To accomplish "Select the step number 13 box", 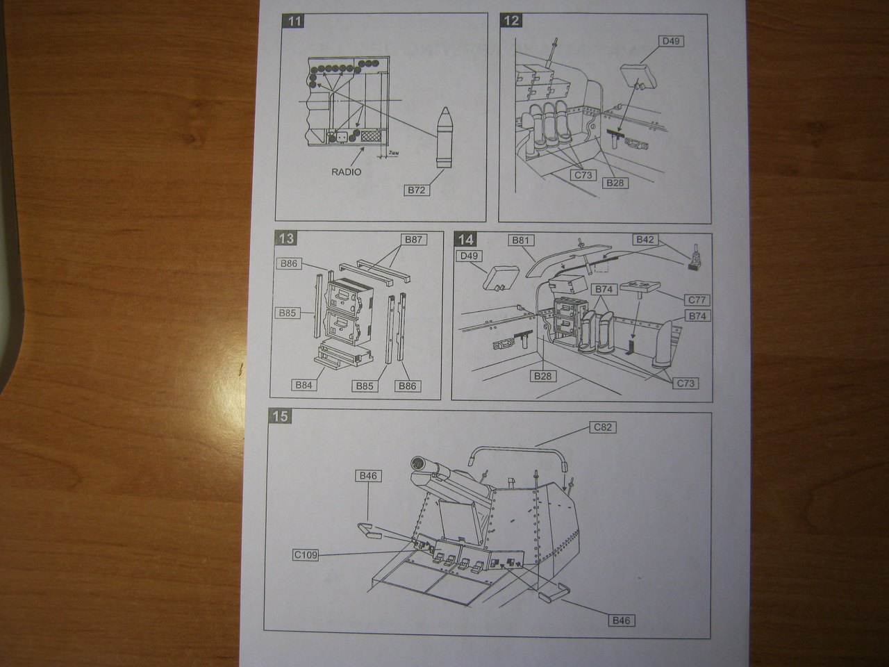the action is [x=285, y=239].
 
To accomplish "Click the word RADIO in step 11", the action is [x=347, y=171].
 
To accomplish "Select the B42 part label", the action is [x=645, y=240].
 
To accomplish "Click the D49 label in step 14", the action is [x=470, y=257].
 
